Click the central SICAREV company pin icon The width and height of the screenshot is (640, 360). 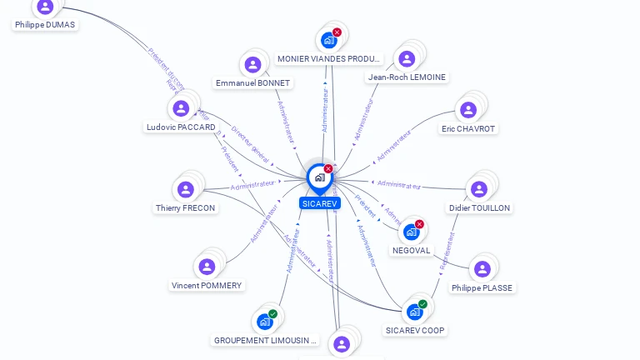(x=318, y=177)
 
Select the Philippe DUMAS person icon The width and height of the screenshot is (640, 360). (x=45, y=7)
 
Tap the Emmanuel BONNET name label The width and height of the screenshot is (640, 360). (x=252, y=83)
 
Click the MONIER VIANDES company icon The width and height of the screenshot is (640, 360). (x=329, y=39)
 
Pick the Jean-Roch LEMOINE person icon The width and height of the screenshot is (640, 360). (x=407, y=58)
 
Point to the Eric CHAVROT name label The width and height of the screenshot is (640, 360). (x=468, y=129)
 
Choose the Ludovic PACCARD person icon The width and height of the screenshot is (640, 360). (x=181, y=108)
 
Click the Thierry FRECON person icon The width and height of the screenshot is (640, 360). (x=186, y=189)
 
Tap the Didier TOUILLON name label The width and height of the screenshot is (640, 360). (x=479, y=208)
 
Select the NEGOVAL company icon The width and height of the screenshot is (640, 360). (x=411, y=232)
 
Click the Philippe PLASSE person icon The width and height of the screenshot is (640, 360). (x=482, y=269)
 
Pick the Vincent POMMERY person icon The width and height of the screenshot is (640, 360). (x=207, y=267)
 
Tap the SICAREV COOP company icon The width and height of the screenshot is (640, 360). (x=414, y=312)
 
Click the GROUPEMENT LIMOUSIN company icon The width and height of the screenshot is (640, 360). (x=265, y=322)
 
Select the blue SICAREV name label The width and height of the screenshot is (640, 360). (x=320, y=203)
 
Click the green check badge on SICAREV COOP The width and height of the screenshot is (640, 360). (x=422, y=304)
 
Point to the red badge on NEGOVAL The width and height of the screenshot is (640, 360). (x=419, y=224)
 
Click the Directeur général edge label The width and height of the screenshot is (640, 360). (x=250, y=146)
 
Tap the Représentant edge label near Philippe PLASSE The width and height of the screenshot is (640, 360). (x=447, y=250)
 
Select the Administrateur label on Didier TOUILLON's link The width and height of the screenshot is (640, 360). (x=399, y=184)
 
